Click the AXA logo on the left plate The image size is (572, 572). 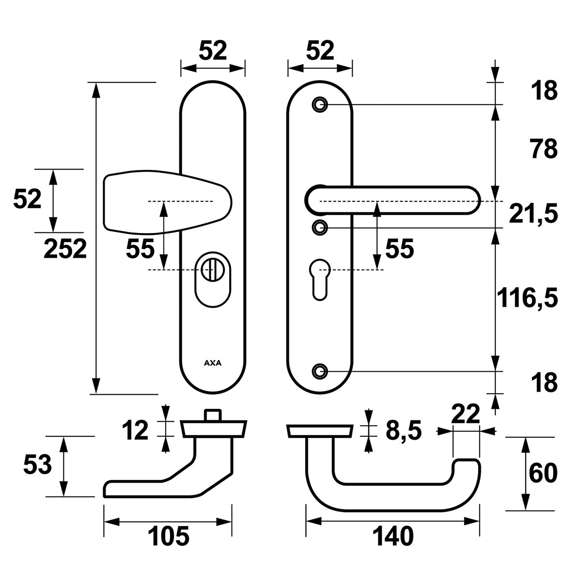click(212, 363)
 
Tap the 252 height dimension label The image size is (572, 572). click(65, 249)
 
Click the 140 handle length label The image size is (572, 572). click(393, 537)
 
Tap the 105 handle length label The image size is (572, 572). click(168, 537)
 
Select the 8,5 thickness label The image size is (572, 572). click(404, 430)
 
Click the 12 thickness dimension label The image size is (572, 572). click(135, 430)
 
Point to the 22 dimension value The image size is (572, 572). click(465, 413)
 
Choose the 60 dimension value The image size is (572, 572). click(543, 473)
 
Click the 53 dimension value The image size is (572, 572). click(37, 466)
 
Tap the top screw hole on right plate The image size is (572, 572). click(319, 105)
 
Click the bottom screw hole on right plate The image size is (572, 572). click(319, 371)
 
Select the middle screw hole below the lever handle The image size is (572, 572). click(319, 227)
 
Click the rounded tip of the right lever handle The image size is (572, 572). click(472, 201)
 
